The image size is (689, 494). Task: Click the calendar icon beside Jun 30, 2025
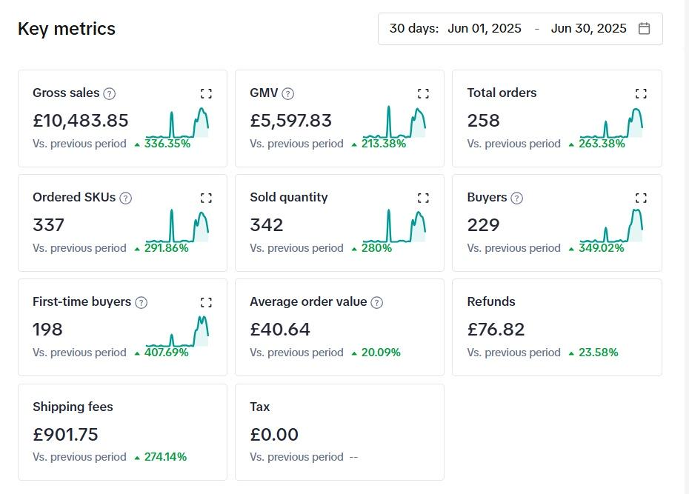coord(644,29)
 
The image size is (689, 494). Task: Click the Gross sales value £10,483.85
coord(81,121)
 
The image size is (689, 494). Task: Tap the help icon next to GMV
coord(288,93)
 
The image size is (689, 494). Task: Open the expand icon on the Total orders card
coord(641,93)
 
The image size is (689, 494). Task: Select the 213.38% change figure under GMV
coord(383,144)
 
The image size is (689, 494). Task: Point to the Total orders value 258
coord(484,121)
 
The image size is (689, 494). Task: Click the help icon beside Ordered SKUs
coord(126,198)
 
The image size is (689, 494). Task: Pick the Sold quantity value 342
coord(267,225)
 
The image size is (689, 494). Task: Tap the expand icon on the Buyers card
coord(641,198)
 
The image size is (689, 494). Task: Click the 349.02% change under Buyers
coord(601,248)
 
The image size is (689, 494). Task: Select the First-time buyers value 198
coord(48,330)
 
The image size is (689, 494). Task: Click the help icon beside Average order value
coord(376,302)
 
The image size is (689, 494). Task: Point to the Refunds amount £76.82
coord(496,330)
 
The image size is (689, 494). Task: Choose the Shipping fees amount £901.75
coord(65,435)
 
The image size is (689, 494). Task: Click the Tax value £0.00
coord(274,435)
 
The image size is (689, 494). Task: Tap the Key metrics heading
coord(67,29)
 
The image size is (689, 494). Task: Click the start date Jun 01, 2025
coord(485,29)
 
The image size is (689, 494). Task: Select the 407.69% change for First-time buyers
coord(166,353)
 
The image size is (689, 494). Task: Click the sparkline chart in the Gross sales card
coord(178,123)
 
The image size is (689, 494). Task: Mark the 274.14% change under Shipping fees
coord(165,457)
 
